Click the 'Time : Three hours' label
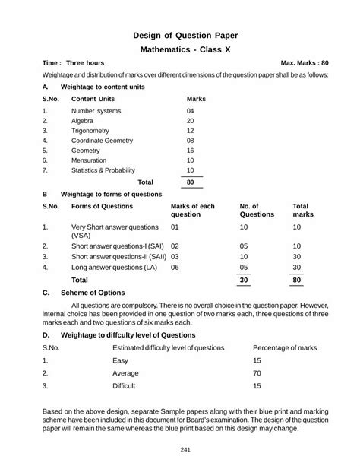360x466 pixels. [x=74, y=63]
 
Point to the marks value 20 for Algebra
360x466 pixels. [x=190, y=121]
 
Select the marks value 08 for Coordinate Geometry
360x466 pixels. [x=190, y=141]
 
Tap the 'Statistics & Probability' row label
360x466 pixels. [x=103, y=170]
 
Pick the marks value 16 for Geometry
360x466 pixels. [x=190, y=151]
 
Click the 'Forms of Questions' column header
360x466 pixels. [x=102, y=206]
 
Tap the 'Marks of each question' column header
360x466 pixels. [x=193, y=211]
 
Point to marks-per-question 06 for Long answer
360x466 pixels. [x=175, y=268]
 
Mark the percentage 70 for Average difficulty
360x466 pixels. [x=257, y=374]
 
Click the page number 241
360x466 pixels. [x=180, y=449]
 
